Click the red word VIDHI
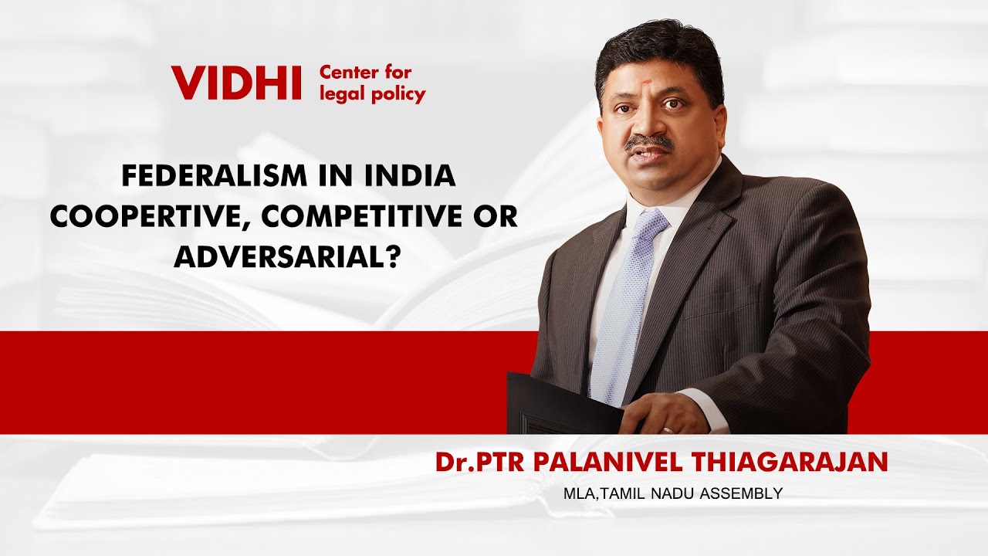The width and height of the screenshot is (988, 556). coord(236,83)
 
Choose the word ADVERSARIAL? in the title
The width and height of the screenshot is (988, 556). coord(286,256)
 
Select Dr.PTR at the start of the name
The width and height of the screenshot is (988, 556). coord(470,462)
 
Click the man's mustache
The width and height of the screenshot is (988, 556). coord(648,142)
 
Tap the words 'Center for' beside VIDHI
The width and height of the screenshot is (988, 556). coord(366,73)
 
